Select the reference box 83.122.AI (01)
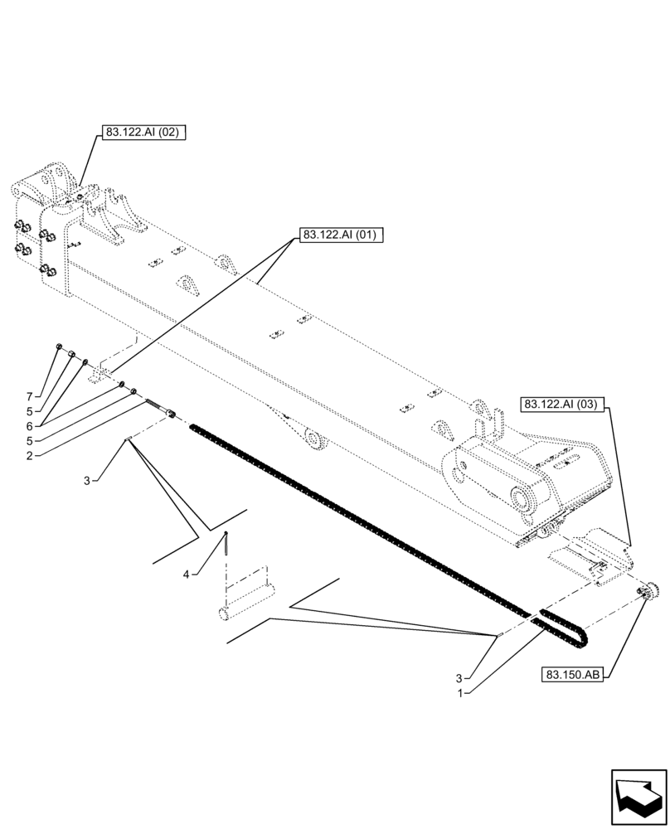point(340,235)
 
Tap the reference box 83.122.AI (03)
point(565,405)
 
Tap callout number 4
point(188,573)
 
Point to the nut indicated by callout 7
point(59,348)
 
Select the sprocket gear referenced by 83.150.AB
point(649,591)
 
